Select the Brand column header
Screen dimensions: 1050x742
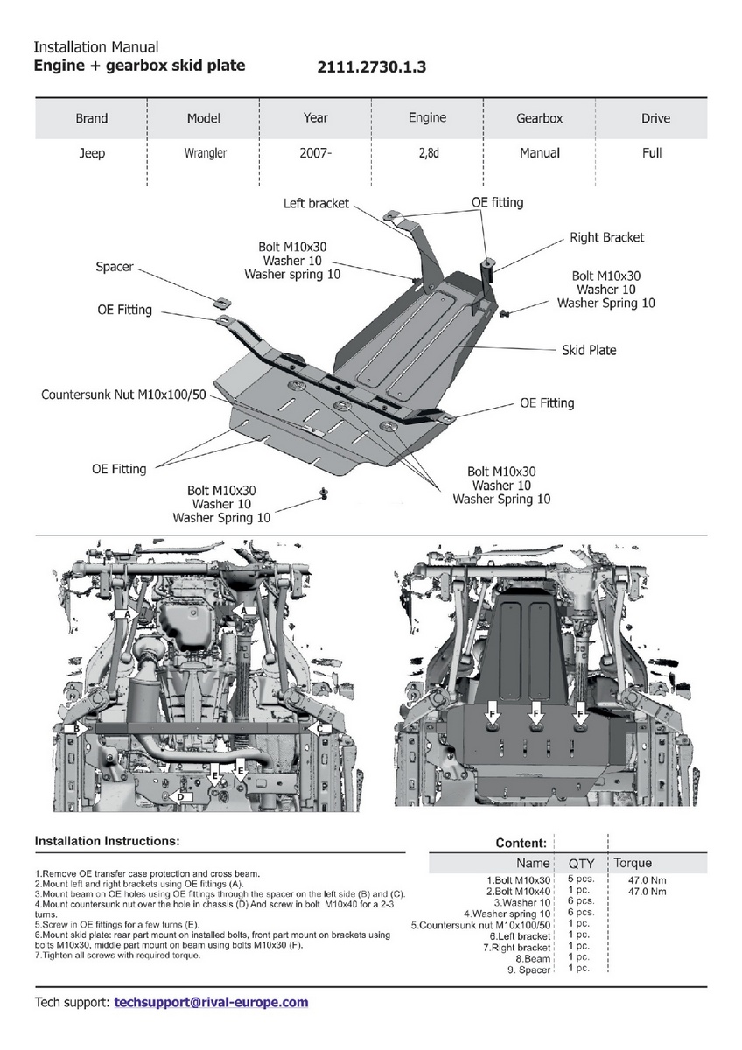(x=91, y=118)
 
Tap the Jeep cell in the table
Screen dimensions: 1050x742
(x=91, y=153)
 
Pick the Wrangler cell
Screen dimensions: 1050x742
(x=205, y=153)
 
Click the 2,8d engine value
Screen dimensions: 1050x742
(x=427, y=153)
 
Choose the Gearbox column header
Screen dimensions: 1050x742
(x=539, y=118)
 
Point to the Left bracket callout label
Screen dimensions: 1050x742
(x=316, y=203)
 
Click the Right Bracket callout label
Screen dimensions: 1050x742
(x=605, y=237)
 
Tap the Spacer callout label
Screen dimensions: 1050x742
(x=115, y=266)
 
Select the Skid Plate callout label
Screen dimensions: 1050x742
(x=588, y=350)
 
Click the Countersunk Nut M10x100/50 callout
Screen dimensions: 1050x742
(x=123, y=395)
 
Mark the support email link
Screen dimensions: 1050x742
(x=211, y=1002)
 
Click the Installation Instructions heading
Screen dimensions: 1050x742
(x=107, y=841)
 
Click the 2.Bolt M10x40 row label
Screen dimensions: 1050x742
(x=521, y=891)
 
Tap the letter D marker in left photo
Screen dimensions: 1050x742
(x=180, y=796)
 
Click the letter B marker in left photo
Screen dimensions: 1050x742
(x=77, y=728)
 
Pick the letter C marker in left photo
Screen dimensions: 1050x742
(x=319, y=728)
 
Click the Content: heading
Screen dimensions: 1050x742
(x=521, y=843)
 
